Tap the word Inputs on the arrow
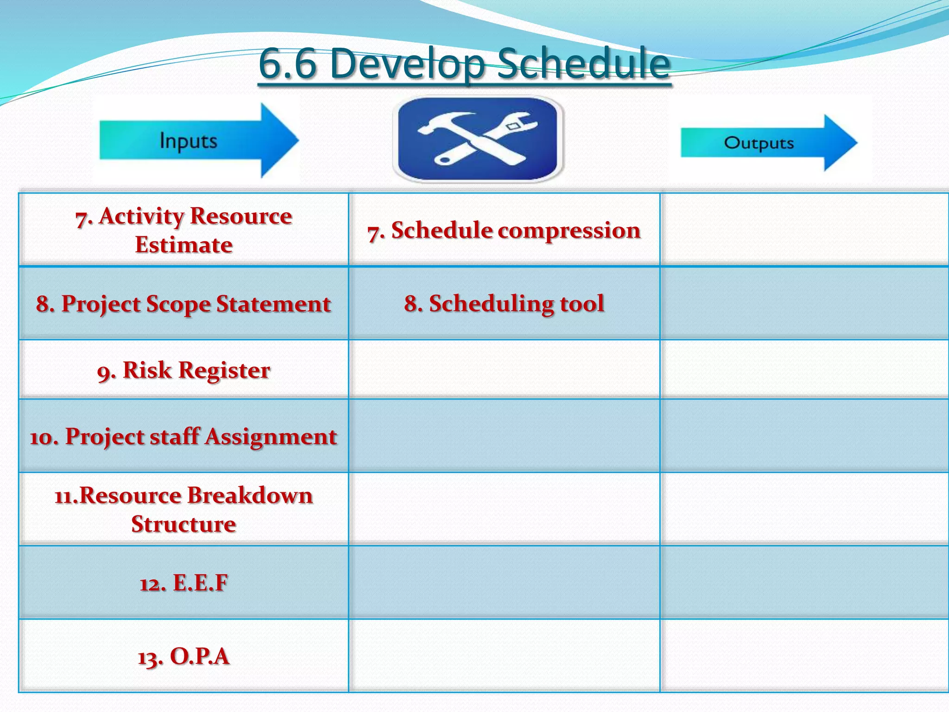[x=188, y=140]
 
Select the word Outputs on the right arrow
[x=759, y=143]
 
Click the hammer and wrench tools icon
[x=478, y=139]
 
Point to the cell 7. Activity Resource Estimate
[x=183, y=230]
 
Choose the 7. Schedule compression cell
[x=504, y=230]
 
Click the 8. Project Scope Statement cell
[x=183, y=304]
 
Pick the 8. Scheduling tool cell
[x=504, y=304]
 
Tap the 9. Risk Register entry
[x=183, y=370]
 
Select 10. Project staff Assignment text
[x=183, y=437]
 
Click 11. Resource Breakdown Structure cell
[x=183, y=509]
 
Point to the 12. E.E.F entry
[x=183, y=583]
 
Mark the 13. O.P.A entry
[x=183, y=656]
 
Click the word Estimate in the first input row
[x=183, y=245]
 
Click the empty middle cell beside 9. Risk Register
[x=504, y=369]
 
